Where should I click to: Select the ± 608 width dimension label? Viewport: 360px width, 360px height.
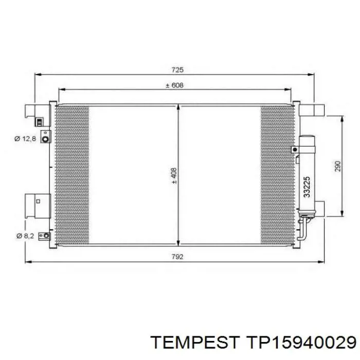point(174,85)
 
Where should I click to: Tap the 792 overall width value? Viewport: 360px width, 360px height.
point(178,256)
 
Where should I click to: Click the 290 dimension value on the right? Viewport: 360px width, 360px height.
point(338,167)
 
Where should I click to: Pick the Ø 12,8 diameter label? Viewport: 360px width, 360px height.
point(25,138)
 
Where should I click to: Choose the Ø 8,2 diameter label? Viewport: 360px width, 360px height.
point(25,236)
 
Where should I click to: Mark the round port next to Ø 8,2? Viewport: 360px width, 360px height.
point(46,236)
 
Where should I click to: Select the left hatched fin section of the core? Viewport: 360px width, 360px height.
point(72,175)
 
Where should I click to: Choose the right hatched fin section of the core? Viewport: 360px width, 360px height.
point(277,175)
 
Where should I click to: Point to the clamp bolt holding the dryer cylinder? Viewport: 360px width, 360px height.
point(294,150)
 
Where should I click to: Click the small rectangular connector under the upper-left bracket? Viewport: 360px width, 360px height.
point(40,122)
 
